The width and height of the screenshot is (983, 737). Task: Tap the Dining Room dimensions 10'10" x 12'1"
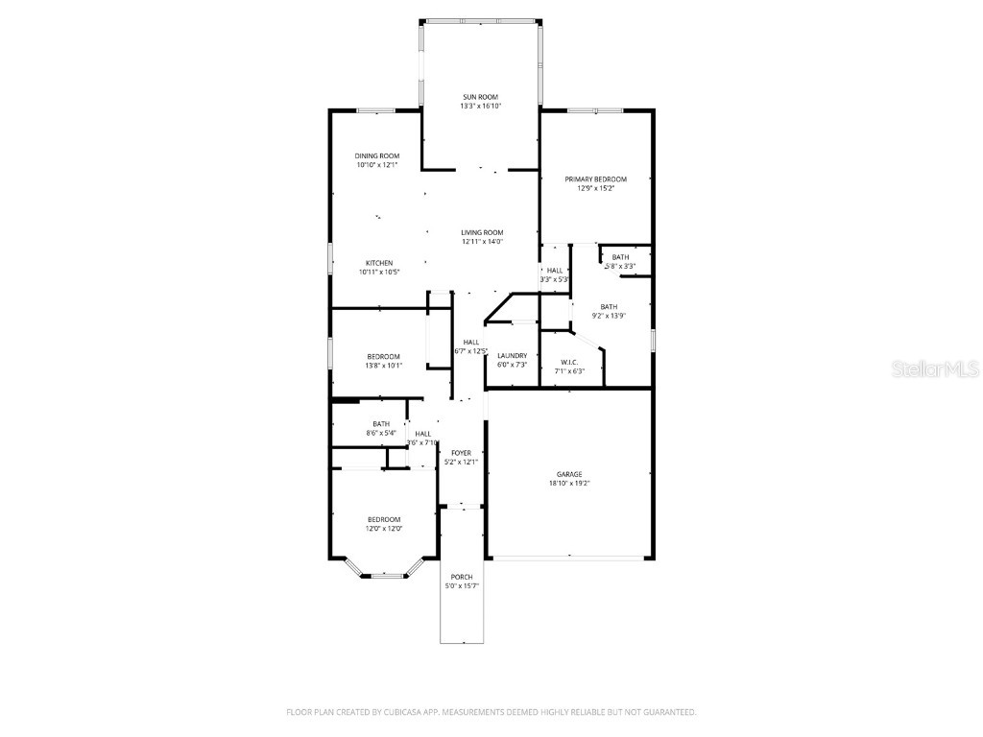pos(376,165)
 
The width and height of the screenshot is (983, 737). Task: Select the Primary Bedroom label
pos(595,179)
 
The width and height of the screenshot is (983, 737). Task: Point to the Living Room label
pos(482,232)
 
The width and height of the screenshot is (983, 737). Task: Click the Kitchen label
pos(379,263)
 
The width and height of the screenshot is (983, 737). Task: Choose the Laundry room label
pos(512,356)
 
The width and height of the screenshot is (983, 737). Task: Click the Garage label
pos(569,474)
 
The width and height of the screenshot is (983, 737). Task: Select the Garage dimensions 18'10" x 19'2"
pos(569,484)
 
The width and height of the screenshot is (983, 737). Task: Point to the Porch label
pos(461,577)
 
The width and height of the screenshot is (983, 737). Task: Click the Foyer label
pos(461,452)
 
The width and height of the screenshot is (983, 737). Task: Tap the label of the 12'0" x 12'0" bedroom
pos(383,519)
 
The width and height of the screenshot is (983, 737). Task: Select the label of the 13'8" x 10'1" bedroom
pos(383,356)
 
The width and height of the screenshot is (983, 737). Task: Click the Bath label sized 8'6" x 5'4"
pos(381,424)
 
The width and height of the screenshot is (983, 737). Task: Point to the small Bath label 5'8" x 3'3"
pos(621,257)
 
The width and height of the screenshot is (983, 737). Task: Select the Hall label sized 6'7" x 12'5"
pos(470,343)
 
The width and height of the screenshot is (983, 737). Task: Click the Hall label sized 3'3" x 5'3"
pos(555,271)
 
